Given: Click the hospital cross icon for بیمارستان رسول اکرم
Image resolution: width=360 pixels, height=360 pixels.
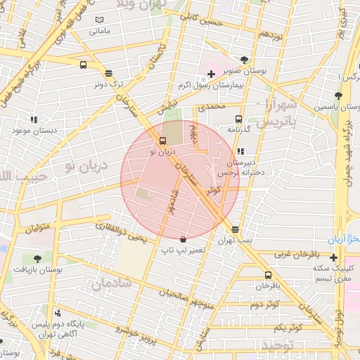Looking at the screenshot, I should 210,74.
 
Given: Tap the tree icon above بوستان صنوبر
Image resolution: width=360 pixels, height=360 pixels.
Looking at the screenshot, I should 243,60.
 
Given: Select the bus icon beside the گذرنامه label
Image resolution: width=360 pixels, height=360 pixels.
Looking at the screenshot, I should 238,119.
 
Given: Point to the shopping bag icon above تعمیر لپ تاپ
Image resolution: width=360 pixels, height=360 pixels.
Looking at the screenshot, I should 183,239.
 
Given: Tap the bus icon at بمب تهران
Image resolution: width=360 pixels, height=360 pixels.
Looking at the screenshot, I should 235,230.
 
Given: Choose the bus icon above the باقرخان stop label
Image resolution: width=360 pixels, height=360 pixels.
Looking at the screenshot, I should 268,275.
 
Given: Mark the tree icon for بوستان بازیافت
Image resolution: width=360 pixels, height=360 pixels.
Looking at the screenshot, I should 37,259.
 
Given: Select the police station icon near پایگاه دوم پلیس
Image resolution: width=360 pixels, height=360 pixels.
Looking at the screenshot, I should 58,313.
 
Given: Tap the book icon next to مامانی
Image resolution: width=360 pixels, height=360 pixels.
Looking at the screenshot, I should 99,20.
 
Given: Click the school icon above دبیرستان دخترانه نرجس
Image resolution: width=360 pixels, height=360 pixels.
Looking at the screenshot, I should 241,150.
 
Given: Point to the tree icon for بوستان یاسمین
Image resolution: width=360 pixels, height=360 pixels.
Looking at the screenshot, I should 338,96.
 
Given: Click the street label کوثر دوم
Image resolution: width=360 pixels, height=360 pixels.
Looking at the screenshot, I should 264,304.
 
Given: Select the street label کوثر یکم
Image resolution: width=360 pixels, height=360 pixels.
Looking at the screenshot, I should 288,328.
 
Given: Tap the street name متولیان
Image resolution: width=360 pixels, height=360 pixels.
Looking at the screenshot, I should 39,229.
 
